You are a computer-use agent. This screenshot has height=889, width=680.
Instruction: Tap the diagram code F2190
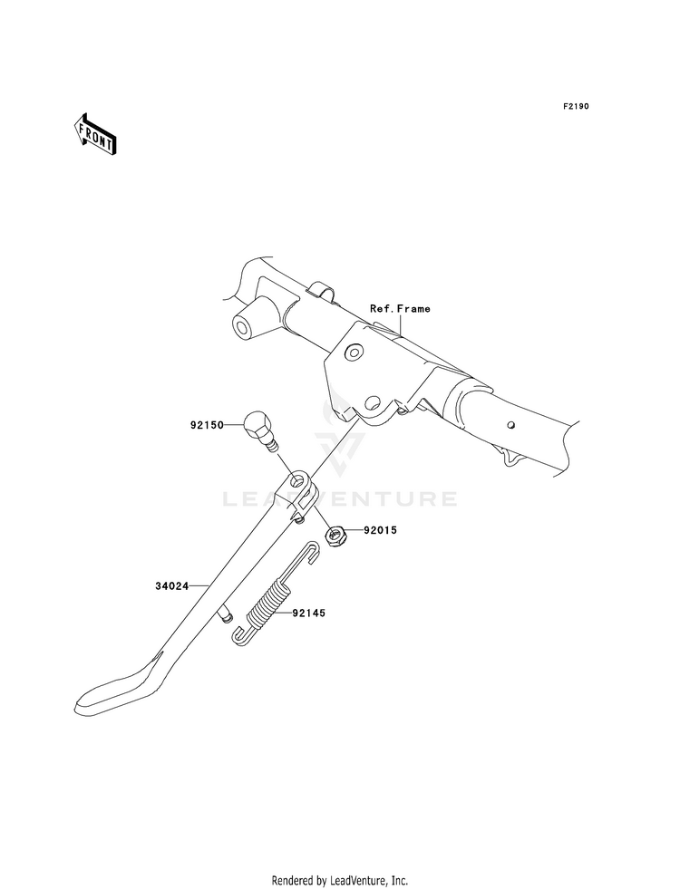(x=576, y=106)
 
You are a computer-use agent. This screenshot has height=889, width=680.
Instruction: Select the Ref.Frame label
(x=400, y=309)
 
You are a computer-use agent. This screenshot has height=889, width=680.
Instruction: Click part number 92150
(x=208, y=423)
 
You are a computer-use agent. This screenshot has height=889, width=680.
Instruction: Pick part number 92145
(x=307, y=614)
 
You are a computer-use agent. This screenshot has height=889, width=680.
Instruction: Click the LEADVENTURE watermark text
(x=340, y=498)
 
